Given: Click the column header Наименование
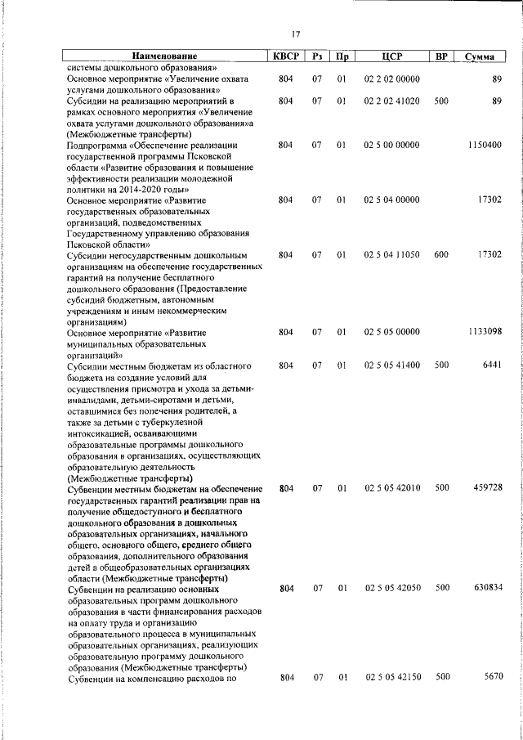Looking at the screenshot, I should point(164,56).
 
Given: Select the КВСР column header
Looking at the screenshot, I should point(285,56).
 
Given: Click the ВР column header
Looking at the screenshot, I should point(441,56).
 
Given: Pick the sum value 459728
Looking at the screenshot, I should point(487,488).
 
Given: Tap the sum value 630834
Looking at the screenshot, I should point(487,588).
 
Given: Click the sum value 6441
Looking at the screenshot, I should point(492,366).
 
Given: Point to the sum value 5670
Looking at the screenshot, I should point(492,677).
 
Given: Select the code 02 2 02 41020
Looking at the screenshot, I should point(392,101).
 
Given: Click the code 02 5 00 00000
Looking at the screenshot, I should point(392,145).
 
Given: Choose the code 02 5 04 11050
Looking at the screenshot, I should point(392,255).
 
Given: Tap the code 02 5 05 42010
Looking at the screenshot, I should point(392,488).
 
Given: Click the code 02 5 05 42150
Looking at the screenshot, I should point(392,677).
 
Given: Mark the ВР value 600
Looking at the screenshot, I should point(441,255).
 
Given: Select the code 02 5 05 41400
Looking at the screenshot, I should point(392,366).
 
